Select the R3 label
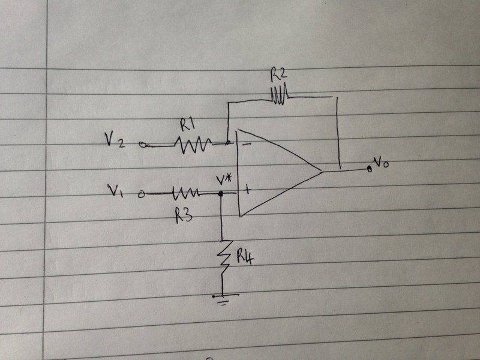tap(184, 215)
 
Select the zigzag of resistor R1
tap(193, 143)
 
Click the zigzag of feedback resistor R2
tap(280, 95)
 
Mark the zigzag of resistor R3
tap(185, 194)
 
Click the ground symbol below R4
tap(223, 298)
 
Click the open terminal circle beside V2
tap(142, 144)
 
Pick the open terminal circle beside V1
tap(141, 194)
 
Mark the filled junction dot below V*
tap(220, 194)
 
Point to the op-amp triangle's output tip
tap(324, 172)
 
